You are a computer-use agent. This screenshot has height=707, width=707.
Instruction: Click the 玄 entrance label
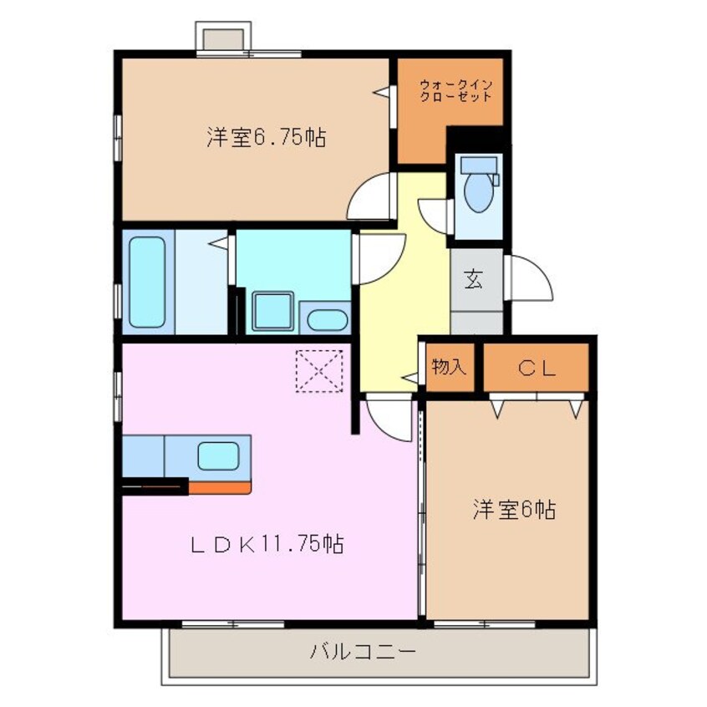click(474, 280)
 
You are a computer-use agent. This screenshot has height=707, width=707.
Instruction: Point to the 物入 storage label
click(448, 368)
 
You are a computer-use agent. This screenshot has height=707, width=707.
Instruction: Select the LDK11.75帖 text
click(266, 545)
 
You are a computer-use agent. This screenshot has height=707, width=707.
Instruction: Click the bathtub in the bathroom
click(147, 281)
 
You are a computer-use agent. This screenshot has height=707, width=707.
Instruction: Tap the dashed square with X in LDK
click(319, 370)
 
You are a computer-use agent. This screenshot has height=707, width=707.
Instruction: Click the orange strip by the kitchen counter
click(218, 486)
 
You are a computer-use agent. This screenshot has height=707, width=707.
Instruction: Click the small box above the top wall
click(222, 38)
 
